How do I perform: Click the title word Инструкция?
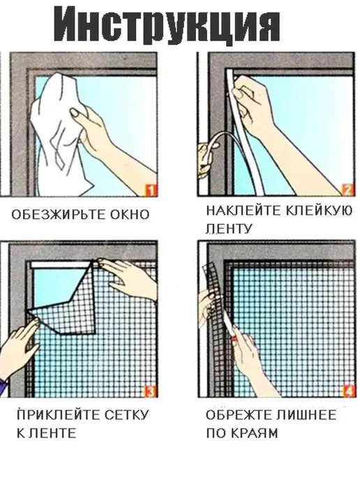[x=167, y=24]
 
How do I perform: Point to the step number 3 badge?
[x=150, y=391]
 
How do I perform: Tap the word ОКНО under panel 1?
[x=130, y=214]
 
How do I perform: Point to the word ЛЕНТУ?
[x=229, y=228]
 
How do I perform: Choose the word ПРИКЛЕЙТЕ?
[x=58, y=415]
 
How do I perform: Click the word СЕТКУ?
[x=126, y=415]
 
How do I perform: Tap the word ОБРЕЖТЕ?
[x=239, y=415]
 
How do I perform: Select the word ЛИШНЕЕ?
[x=306, y=415]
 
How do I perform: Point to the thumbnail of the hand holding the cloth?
[x=75, y=114]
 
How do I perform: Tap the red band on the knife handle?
[x=234, y=339]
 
